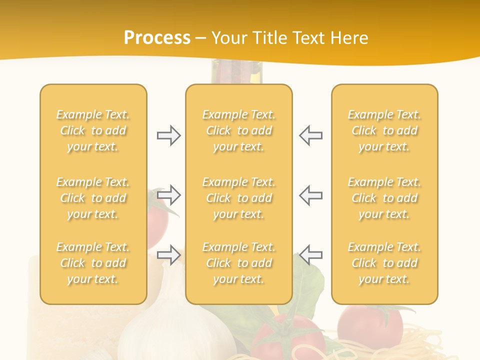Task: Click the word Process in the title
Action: click(x=157, y=38)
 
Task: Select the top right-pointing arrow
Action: click(x=168, y=135)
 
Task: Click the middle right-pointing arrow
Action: click(x=168, y=195)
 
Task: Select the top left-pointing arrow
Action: click(x=310, y=135)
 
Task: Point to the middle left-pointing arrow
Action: click(x=310, y=195)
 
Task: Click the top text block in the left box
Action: click(x=93, y=130)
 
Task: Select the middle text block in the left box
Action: click(x=93, y=198)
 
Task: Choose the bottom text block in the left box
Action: click(x=93, y=263)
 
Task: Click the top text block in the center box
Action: click(x=239, y=130)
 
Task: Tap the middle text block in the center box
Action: click(x=239, y=198)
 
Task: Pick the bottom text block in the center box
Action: click(x=239, y=263)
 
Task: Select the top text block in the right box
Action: click(x=384, y=130)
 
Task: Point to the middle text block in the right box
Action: click(x=384, y=198)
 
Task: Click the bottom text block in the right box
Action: click(x=384, y=263)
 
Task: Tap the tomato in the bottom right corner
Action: click(x=370, y=325)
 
